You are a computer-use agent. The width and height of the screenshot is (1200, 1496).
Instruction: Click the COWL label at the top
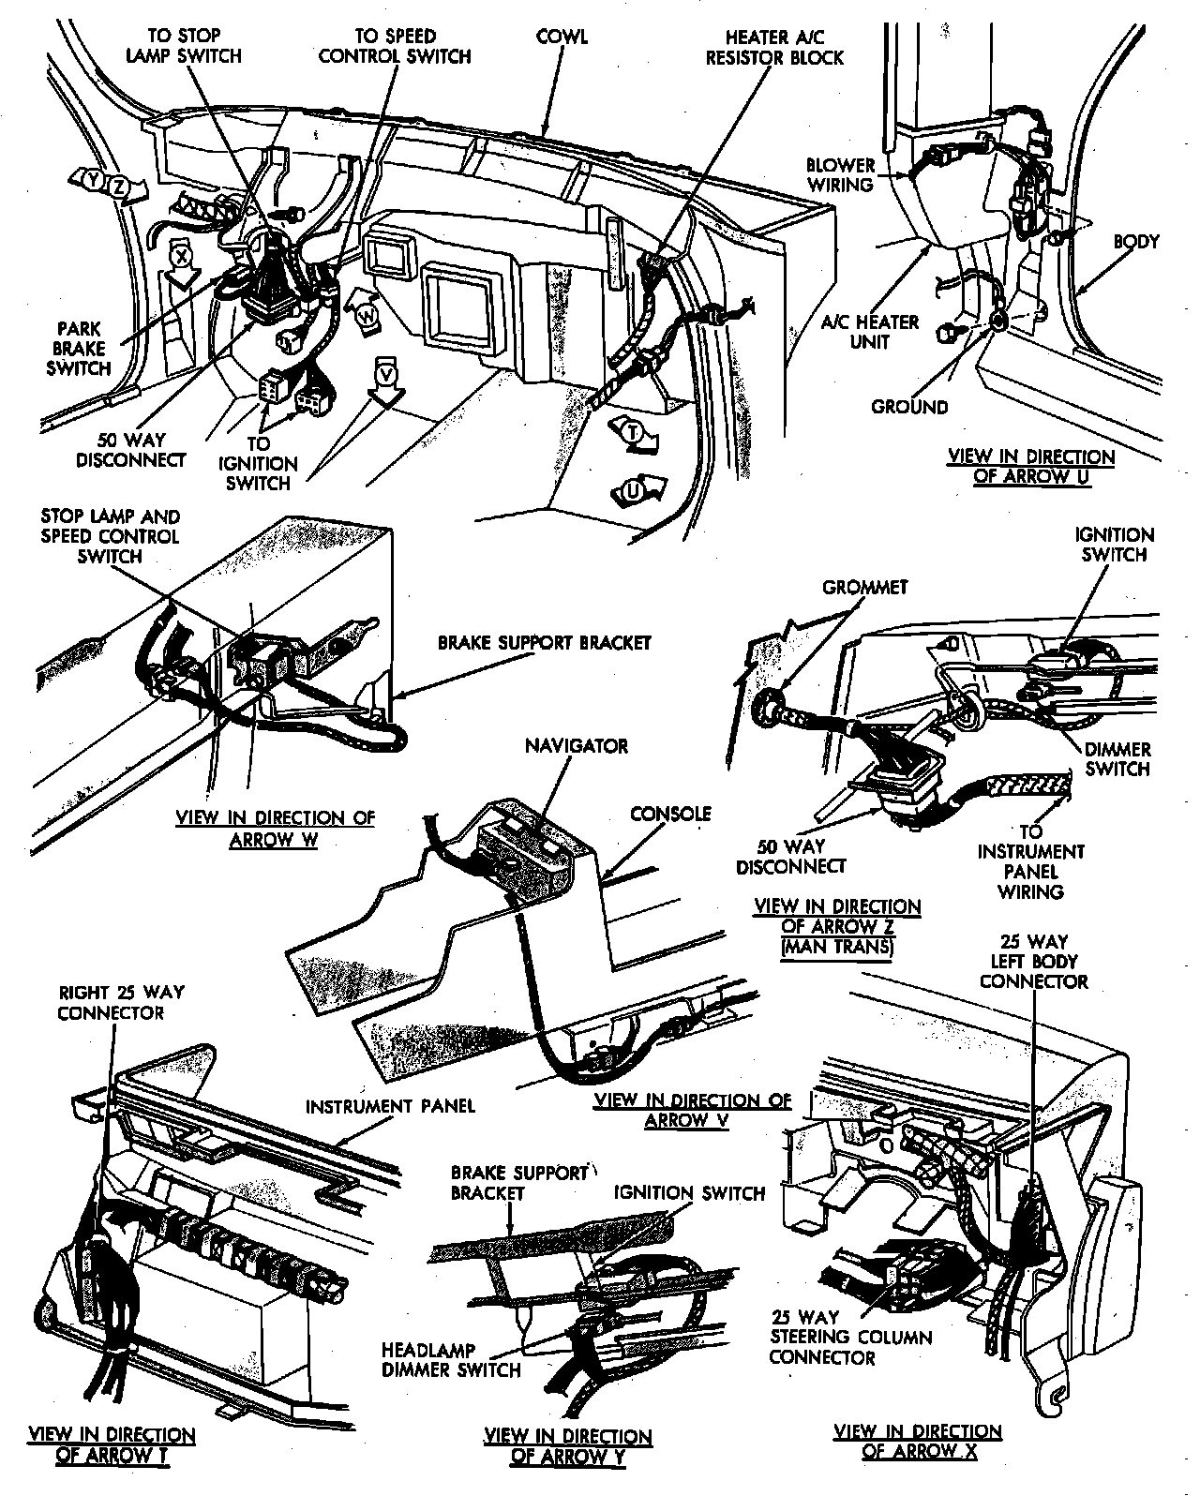pyautogui.click(x=562, y=37)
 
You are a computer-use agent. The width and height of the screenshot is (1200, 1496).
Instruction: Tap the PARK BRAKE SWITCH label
pyautogui.click(x=79, y=349)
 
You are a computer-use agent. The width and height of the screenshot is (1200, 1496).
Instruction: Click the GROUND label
pyautogui.click(x=909, y=407)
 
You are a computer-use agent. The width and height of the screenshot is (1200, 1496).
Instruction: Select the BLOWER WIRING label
pyautogui.click(x=840, y=175)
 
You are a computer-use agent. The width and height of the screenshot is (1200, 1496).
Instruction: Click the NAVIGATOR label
pyautogui.click(x=576, y=746)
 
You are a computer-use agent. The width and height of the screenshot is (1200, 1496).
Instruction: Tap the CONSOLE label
pyautogui.click(x=670, y=814)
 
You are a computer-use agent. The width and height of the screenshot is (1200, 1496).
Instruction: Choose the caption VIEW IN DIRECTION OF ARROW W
pyautogui.click(x=275, y=828)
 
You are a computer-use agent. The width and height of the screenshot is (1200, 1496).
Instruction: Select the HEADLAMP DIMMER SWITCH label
pyautogui.click(x=450, y=1360)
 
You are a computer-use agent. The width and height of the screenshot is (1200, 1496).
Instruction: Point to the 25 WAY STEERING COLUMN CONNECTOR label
pyautogui.click(x=850, y=1337)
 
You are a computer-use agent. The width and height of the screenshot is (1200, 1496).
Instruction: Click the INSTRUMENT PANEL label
pyautogui.click(x=390, y=1106)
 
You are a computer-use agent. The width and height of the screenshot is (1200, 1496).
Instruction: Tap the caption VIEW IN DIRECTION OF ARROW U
pyautogui.click(x=1031, y=466)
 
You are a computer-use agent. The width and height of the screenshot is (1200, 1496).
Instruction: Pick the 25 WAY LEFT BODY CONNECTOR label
pyautogui.click(x=1033, y=961)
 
